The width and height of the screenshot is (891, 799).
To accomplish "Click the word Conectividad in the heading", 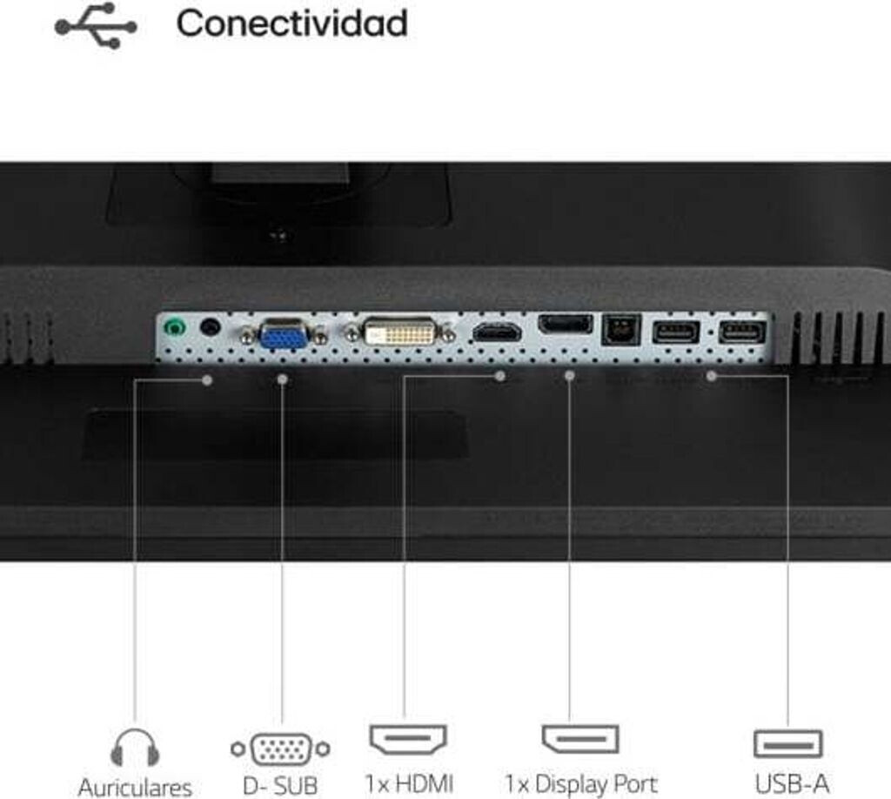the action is point(291,23).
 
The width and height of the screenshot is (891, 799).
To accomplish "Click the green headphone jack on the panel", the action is point(176,328).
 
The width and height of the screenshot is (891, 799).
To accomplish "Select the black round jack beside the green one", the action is point(210,327).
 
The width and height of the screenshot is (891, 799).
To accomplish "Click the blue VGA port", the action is point(284,334).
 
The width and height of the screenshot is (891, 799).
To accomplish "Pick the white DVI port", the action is point(399,332).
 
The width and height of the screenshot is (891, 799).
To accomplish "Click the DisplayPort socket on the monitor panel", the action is point(566,325).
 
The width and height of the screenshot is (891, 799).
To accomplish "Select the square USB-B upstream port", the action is point(621,330).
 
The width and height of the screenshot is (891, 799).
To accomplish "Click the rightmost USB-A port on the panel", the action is point(742,332).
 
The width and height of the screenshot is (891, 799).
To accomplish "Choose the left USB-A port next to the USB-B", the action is point(676,332).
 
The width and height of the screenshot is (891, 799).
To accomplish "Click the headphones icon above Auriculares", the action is point(135,749).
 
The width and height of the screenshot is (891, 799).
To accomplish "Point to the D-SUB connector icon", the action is point(280,748).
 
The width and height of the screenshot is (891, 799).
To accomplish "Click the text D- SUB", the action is point(280,786).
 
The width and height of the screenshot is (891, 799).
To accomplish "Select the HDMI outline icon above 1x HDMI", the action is point(408,740).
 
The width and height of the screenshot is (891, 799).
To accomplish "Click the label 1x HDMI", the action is point(409,784).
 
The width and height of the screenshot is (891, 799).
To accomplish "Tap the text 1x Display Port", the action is point(580,784).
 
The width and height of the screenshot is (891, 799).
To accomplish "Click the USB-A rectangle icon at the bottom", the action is point(787,743).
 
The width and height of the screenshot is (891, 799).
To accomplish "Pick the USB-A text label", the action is point(791,784).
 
